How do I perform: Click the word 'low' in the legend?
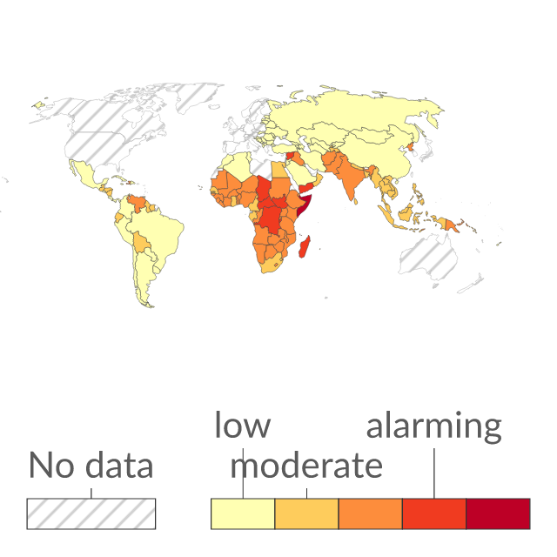tap(243, 425)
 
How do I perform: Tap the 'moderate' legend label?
tap(306, 466)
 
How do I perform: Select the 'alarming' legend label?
tap(433, 427)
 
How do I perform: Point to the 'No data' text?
tap(91, 465)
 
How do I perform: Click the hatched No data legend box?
tap(91, 513)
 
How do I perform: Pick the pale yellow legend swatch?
tap(243, 513)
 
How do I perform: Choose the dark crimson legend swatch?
tap(498, 513)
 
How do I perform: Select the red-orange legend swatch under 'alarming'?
tap(434, 513)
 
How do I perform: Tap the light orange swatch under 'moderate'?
tap(306, 513)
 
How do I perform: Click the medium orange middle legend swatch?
tap(371, 513)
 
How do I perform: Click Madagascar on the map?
tap(305, 246)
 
